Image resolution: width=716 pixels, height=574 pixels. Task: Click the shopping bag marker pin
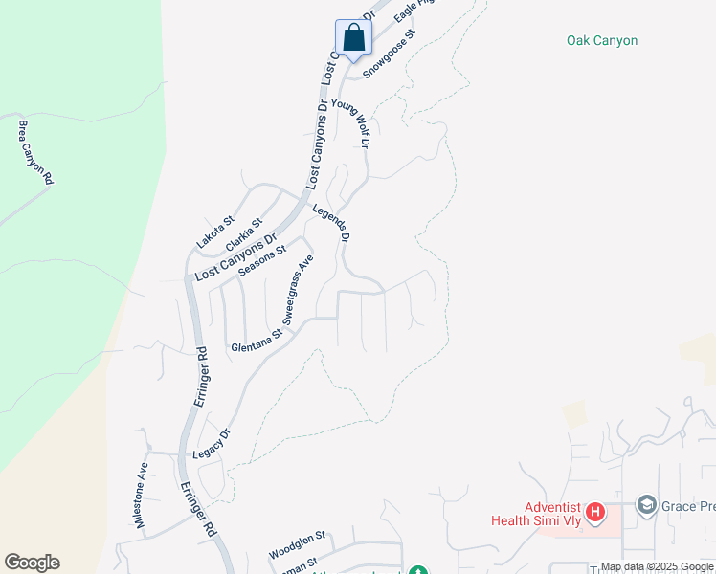[x=353, y=39]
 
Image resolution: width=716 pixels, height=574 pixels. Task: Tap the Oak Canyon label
[x=601, y=41]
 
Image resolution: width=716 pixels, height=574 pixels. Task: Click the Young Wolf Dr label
[x=350, y=122]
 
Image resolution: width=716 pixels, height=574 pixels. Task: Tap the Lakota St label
[x=215, y=233]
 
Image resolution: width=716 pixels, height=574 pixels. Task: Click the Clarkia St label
[x=244, y=235]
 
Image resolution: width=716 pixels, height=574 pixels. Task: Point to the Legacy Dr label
[x=213, y=443]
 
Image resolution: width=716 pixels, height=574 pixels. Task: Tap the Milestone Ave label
[x=142, y=488]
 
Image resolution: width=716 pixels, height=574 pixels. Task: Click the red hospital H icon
[x=595, y=513]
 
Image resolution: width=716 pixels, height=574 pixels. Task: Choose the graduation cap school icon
[x=646, y=506]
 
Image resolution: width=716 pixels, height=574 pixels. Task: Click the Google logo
[x=32, y=563]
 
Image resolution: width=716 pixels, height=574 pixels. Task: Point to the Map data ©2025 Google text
[x=658, y=567]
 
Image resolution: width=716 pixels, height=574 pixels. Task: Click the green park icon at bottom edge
[x=417, y=571]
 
